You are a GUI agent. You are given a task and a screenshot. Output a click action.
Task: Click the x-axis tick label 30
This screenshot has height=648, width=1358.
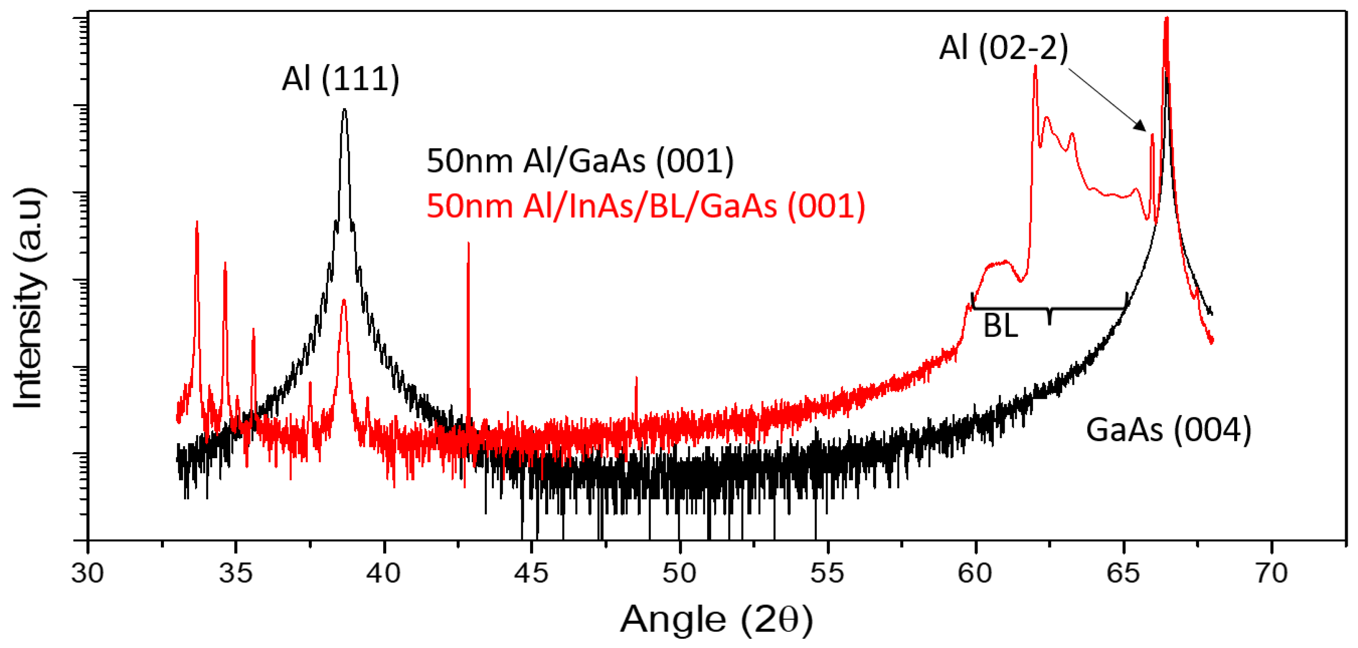88,574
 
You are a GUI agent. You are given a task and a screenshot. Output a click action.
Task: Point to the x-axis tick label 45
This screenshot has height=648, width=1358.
531,574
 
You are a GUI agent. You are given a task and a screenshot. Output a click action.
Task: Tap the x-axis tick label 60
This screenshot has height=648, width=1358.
975,574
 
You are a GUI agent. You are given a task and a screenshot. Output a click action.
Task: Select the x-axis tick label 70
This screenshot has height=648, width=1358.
1272,574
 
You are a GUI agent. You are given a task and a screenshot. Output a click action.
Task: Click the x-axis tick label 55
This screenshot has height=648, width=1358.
827,574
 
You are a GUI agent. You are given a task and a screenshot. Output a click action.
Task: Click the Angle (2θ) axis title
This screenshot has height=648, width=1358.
716,619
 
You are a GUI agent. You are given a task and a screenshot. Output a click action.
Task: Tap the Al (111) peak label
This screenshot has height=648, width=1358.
341,79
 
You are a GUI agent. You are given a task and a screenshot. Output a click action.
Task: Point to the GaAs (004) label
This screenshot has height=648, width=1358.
1168,430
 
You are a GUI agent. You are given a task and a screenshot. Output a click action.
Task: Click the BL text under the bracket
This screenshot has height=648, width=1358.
1000,326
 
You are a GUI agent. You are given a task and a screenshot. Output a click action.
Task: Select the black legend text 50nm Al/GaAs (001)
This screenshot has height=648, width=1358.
580,161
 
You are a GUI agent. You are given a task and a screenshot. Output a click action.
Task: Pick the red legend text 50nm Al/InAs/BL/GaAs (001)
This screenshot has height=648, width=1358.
646,206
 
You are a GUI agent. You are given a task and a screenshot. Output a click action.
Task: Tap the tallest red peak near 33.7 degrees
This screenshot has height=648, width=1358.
197,223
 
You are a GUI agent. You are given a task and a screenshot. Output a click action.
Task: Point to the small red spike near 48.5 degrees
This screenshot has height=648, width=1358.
636,378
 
